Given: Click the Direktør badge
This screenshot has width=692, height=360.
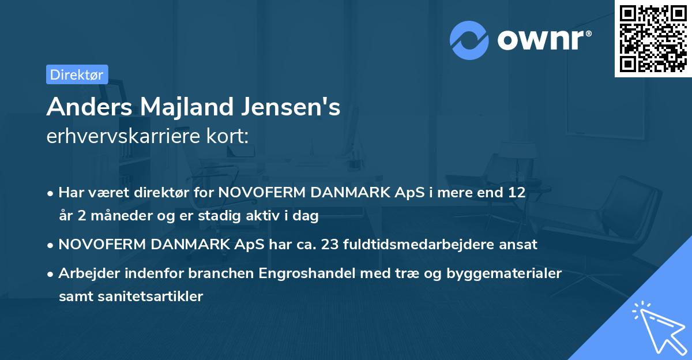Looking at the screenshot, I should click(x=77, y=74).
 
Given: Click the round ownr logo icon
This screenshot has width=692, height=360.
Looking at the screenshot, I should click(x=469, y=39).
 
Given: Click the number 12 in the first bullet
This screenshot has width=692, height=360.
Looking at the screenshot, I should click(x=517, y=193).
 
